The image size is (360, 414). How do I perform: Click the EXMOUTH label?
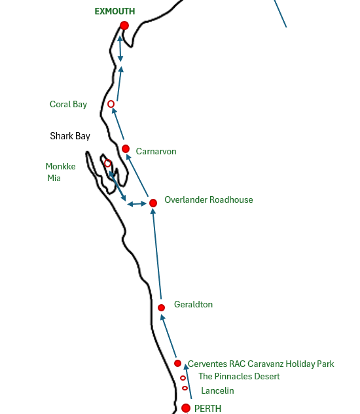[x=115, y=11]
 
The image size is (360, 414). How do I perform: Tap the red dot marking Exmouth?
[x=124, y=26]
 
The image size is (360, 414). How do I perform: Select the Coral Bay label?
[x=68, y=104]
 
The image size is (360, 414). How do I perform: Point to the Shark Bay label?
[x=70, y=136]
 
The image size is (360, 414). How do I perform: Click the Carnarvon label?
[x=156, y=151]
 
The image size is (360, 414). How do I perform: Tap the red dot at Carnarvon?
[x=126, y=148]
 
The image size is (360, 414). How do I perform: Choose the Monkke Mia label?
[x=60, y=172]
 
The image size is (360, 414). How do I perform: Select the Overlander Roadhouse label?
[x=209, y=200]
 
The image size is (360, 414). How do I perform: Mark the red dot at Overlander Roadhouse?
[x=153, y=203]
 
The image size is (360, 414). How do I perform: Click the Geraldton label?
[x=193, y=304]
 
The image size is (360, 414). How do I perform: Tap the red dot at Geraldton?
[x=161, y=307]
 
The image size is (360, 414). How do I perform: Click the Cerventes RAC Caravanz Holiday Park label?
[x=261, y=364]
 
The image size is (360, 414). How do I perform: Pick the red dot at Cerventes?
[x=177, y=363]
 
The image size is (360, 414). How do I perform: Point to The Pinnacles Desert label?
[x=239, y=376]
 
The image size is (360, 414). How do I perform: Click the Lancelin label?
[x=217, y=390]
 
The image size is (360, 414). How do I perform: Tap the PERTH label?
[x=207, y=409]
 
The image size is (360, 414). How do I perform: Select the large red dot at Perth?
[x=186, y=408]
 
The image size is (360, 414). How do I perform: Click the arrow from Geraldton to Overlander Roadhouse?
[x=156, y=254]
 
